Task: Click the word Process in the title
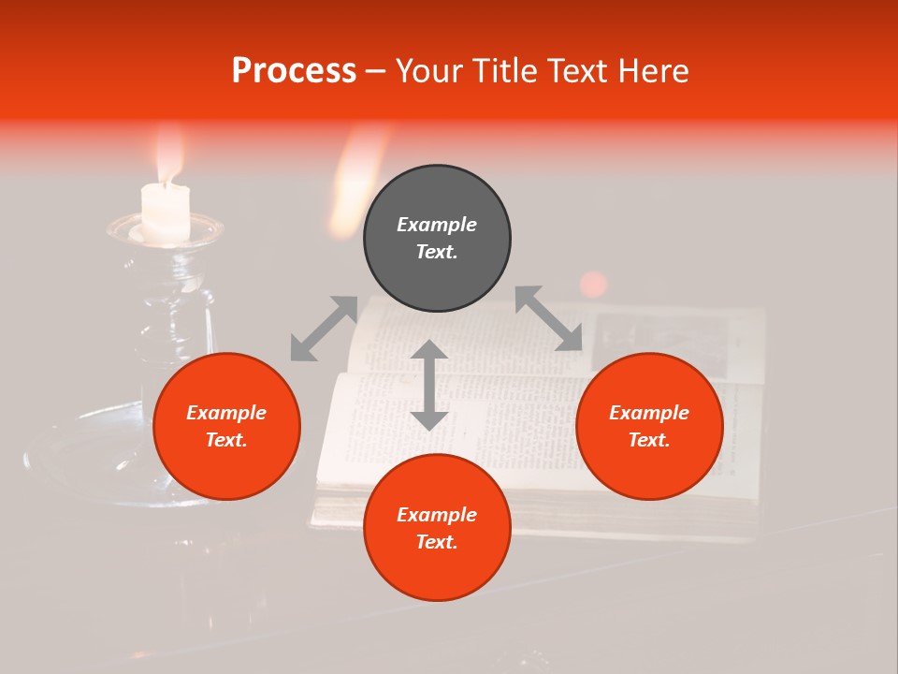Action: (294, 71)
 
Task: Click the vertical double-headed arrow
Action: (429, 385)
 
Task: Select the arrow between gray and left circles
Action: (324, 329)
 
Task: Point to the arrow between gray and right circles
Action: (548, 318)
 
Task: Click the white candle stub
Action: (166, 212)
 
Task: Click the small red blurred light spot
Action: (593, 284)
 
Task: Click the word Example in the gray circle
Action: (437, 225)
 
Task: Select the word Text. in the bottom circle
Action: (437, 542)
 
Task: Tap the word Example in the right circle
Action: (649, 413)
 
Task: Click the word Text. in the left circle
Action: (226, 440)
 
